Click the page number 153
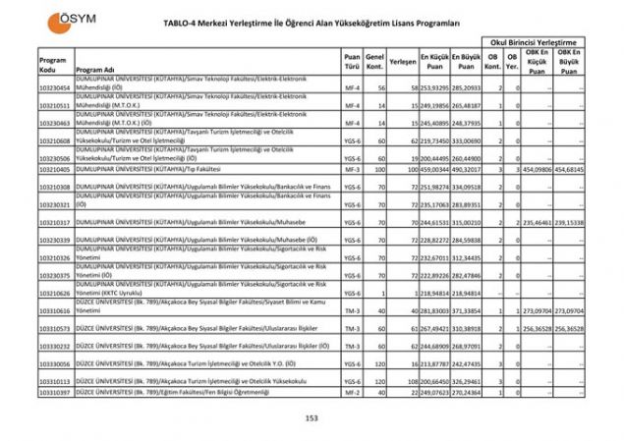(x=312, y=417)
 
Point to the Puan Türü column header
(x=352, y=65)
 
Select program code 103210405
(x=55, y=169)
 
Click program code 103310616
(x=55, y=310)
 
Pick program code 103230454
(x=55, y=88)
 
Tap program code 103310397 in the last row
(x=55, y=392)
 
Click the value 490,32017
(x=466, y=169)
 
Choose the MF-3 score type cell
(x=352, y=169)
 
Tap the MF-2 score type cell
(x=352, y=392)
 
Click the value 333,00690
(x=466, y=140)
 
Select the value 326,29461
(x=466, y=380)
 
